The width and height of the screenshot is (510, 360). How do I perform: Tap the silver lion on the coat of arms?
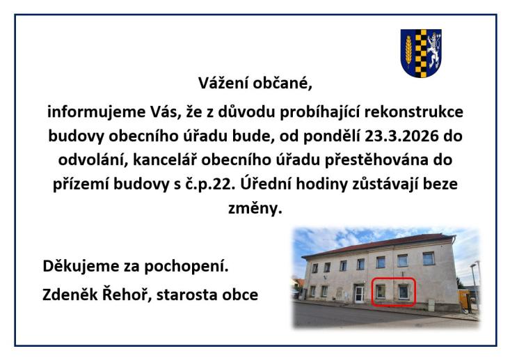point(431,49)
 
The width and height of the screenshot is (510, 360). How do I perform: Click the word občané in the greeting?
point(280,86)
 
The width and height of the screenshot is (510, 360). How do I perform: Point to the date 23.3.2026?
point(399,135)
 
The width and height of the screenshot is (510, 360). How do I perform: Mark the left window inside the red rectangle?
point(381,291)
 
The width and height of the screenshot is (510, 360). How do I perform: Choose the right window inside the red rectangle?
point(403,291)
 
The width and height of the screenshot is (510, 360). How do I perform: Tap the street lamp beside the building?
point(475,285)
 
